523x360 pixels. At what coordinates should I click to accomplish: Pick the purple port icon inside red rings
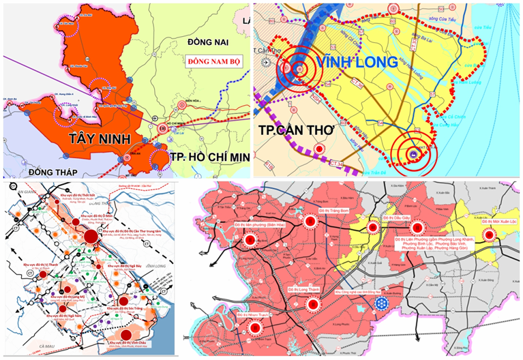coord(413,156)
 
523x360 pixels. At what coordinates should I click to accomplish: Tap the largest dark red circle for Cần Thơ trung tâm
coord(91,236)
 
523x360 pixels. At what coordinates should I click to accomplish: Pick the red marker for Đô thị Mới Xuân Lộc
coord(489,235)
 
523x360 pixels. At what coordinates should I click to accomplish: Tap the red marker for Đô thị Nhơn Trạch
coord(256,327)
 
